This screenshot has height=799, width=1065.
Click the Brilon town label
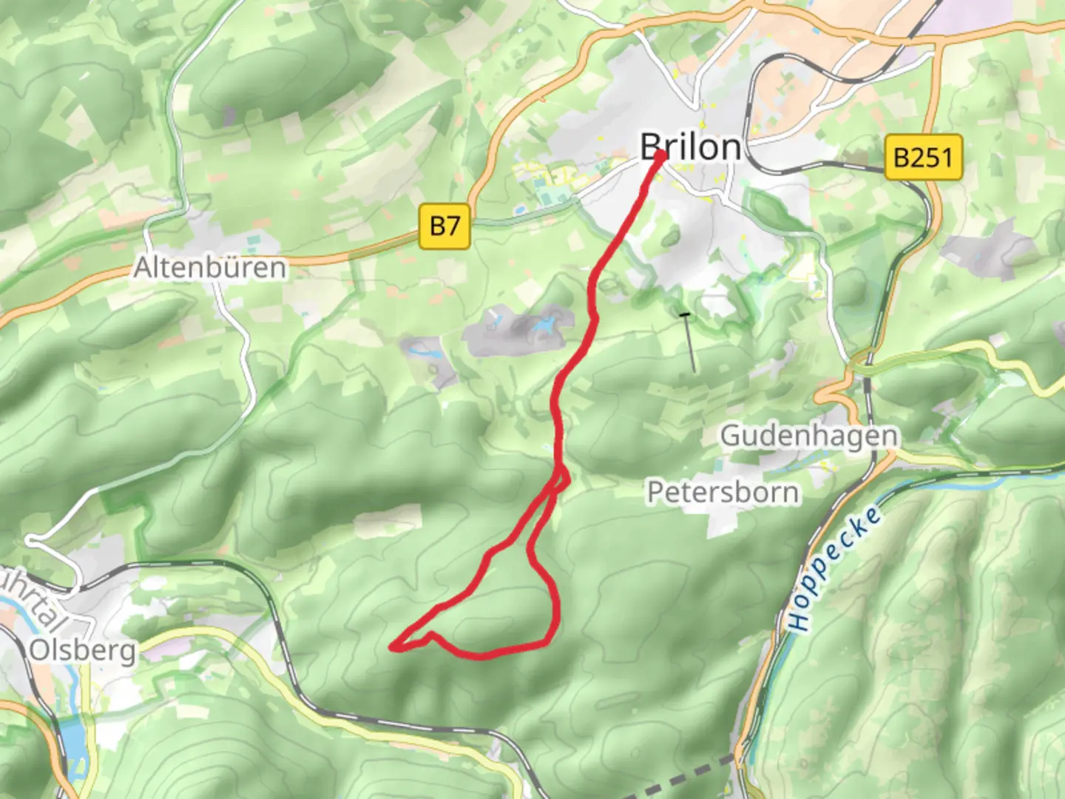click(x=691, y=146)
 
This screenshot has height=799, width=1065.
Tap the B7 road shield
click(x=445, y=225)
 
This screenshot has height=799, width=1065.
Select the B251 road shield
click(x=923, y=157)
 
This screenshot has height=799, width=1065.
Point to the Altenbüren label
click(x=210, y=267)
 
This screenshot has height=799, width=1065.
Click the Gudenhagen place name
click(x=809, y=436)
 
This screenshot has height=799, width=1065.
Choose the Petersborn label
click(x=723, y=492)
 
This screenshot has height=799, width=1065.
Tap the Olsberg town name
click(x=83, y=650)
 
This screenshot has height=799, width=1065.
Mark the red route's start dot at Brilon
click(x=659, y=155)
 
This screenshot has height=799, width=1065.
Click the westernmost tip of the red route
click(x=392, y=648)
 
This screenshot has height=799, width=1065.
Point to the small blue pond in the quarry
click(x=546, y=325)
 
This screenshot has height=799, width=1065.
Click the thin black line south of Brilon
click(x=690, y=343)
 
